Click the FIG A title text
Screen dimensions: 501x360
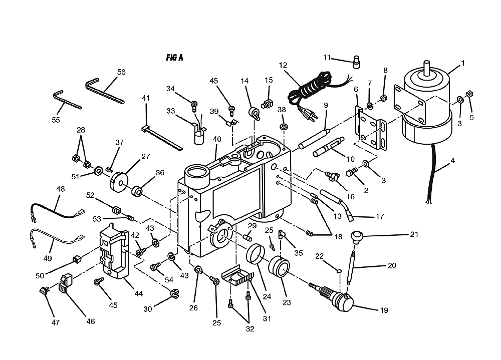click(174, 58)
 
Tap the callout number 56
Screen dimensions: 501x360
click(121, 72)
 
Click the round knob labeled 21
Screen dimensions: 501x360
click(357, 237)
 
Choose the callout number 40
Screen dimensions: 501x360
click(217, 139)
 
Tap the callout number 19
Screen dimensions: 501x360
click(384, 310)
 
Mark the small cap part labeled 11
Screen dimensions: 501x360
click(356, 62)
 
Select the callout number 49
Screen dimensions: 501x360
click(47, 258)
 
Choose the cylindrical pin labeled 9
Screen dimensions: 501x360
click(314, 138)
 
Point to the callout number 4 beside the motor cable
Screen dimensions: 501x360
click(453, 160)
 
